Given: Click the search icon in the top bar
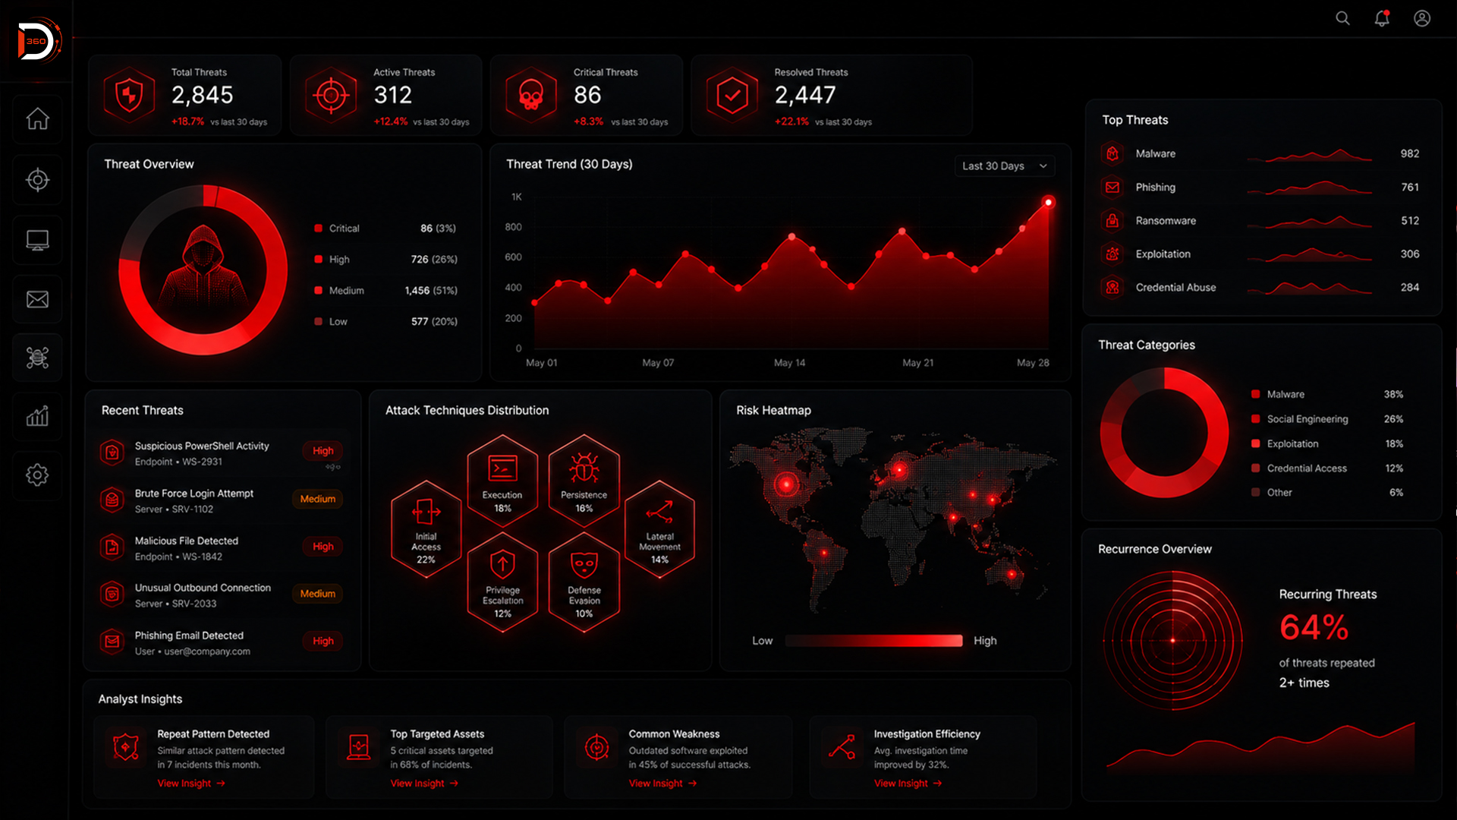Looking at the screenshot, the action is point(1342,18).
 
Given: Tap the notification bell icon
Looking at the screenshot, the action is point(1382,18).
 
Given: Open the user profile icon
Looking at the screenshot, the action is point(1422,18).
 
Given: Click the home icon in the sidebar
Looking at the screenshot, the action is point(37,118).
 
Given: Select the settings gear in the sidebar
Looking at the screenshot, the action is point(37,475).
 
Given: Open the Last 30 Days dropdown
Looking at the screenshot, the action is point(1004,166).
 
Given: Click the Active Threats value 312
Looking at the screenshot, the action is point(392,95).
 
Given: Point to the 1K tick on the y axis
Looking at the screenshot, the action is point(517,197).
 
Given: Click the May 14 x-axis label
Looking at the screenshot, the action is point(789,363).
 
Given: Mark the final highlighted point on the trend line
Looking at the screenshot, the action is point(1048,202).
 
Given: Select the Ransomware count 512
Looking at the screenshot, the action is point(1410,220).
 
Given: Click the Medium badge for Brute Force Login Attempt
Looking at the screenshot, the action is point(317,499).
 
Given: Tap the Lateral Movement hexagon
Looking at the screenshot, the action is point(659,529).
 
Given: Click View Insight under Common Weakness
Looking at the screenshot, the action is point(662,784).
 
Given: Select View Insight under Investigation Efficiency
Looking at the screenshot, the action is point(908,784).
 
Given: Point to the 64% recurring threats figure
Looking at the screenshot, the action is point(1314,628).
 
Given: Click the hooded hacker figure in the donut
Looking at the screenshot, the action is point(203,267).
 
